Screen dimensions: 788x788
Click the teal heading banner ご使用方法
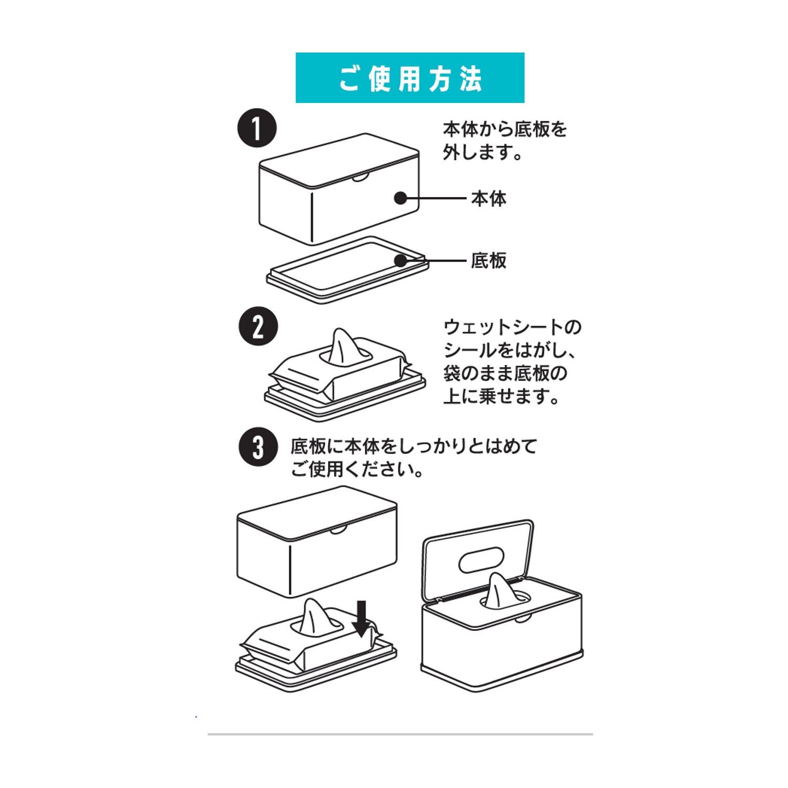pos(410,78)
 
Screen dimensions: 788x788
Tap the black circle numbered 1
pos(257,128)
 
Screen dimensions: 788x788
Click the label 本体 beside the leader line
pos(489,199)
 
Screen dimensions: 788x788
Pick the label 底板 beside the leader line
pos(489,261)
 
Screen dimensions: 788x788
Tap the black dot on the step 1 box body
pos(401,198)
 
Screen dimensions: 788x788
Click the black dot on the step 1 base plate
pos(401,261)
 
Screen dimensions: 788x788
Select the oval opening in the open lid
pos(482,561)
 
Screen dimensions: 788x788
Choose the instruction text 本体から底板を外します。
pos(505,140)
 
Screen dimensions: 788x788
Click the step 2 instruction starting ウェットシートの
pos(513,361)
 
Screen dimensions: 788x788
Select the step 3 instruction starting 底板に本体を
pos(414,458)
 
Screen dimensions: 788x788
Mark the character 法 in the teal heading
pos(470,78)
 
